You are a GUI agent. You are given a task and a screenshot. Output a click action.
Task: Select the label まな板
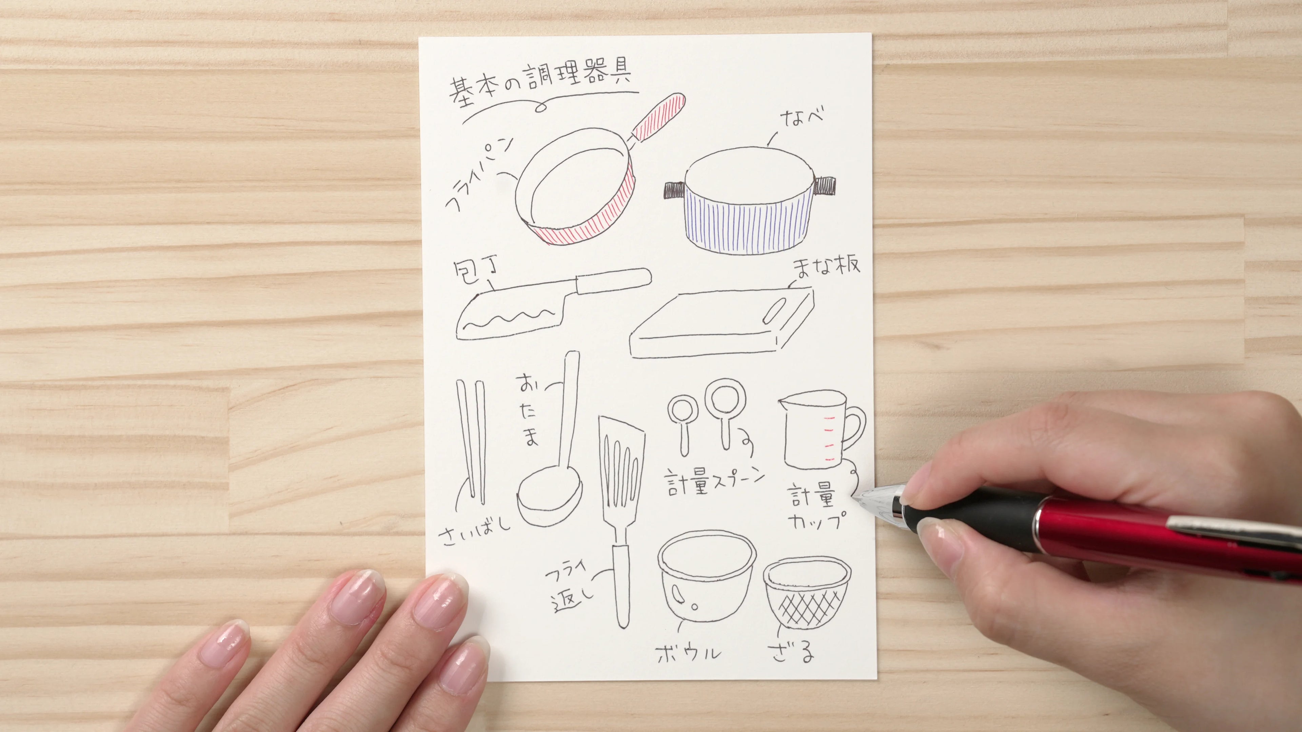(826, 266)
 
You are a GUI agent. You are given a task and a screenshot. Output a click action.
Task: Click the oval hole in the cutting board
(774, 310)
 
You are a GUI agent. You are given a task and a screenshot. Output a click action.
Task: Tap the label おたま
(527, 417)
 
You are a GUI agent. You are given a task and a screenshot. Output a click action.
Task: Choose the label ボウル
(689, 653)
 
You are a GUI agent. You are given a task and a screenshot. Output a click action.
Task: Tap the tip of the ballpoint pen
(854, 499)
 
